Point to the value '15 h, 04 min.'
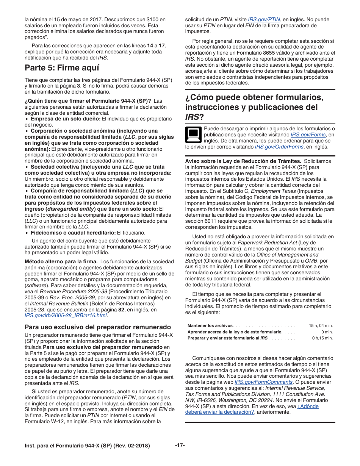pyautogui.click(x=321, y=325)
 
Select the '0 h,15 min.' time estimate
pyautogui.click(x=322, y=338)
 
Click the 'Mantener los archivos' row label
pyautogui.click(x=210, y=325)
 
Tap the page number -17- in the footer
pyautogui.click(x=180, y=446)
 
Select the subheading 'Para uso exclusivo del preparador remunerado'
pyautogui.click(x=98, y=327)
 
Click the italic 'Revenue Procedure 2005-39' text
pyautogui.click(x=70, y=291)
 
